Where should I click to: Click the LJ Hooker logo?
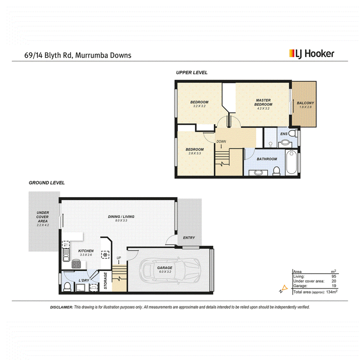311,54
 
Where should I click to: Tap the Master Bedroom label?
263,102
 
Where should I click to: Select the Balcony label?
306,103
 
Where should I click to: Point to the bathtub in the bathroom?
292,162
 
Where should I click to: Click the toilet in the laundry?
67,287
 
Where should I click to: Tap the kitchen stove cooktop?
76,264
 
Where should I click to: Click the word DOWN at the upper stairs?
221,141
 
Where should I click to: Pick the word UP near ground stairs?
119,258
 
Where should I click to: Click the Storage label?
105,280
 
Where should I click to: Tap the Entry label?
189,238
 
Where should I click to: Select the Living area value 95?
333,276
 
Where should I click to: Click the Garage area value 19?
334,286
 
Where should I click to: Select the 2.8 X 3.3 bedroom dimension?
195,153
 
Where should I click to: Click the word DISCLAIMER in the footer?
62,307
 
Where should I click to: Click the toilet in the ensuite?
292,133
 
